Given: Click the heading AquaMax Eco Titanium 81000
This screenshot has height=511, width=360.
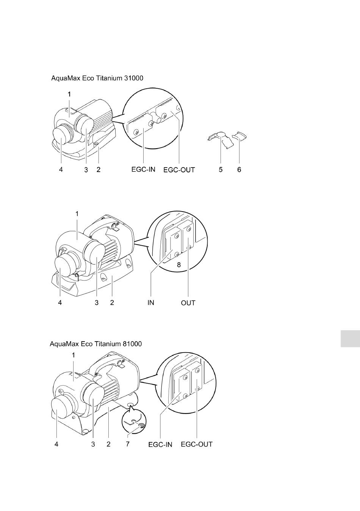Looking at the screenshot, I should [96, 344].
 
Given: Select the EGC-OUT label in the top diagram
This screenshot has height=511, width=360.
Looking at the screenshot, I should [179, 170].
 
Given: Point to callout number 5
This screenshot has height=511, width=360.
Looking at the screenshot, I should [221, 170].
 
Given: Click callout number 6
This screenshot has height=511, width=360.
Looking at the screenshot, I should [239, 170].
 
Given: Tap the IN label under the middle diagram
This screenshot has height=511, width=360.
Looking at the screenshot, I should [151, 303].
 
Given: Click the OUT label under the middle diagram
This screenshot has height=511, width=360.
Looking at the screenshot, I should [188, 303].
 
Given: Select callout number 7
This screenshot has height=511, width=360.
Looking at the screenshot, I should [128, 444].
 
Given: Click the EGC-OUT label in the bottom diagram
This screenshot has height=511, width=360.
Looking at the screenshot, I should [197, 444].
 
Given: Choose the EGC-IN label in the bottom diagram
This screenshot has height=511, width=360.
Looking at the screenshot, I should [160, 444].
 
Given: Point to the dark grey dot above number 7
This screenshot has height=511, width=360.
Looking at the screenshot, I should [141, 426].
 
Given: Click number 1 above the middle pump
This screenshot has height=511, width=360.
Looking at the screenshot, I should [77, 214].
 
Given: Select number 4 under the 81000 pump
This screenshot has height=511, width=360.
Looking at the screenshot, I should [56, 444].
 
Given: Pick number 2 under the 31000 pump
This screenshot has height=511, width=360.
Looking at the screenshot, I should [98, 170].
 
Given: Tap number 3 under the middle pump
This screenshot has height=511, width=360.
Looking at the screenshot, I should [97, 303].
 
